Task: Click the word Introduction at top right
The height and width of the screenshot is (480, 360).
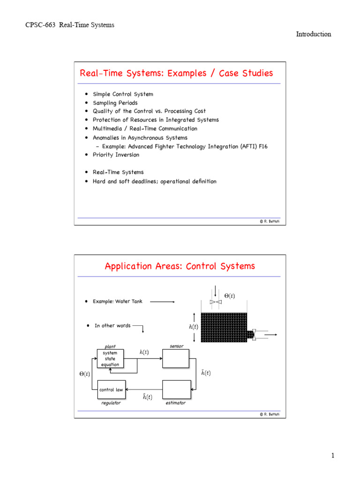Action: pyautogui.click(x=314, y=34)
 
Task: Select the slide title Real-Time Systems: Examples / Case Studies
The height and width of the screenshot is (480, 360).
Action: pyautogui.click(x=176, y=73)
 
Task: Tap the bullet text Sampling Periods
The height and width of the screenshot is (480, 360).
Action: pyautogui.click(x=115, y=103)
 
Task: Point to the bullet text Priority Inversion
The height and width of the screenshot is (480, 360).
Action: pyautogui.click(x=116, y=155)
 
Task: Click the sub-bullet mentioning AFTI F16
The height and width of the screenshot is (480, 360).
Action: pyautogui.click(x=185, y=146)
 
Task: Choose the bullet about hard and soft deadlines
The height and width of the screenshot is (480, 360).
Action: pyautogui.click(x=155, y=181)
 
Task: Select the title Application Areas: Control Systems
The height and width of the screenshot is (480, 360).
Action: pyautogui.click(x=180, y=266)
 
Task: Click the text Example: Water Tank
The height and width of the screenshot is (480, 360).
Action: pyautogui.click(x=117, y=301)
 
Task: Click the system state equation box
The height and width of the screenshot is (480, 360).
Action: pyautogui.click(x=111, y=359)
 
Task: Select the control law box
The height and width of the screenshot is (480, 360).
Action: pyautogui.click(x=112, y=390)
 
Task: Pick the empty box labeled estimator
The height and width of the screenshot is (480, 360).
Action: pyautogui.click(x=176, y=390)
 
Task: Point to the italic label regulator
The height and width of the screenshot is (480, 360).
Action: pyautogui.click(x=111, y=403)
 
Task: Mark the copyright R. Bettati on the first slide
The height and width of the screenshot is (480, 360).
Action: pyautogui.click(x=270, y=221)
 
